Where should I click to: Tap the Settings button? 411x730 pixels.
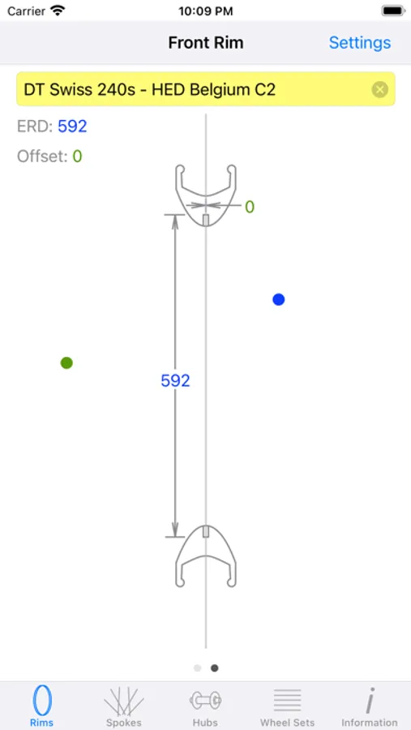(x=360, y=43)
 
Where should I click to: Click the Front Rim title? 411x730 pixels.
(x=206, y=43)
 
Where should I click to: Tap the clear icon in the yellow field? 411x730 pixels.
(x=380, y=89)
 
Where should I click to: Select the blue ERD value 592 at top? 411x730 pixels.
(x=72, y=127)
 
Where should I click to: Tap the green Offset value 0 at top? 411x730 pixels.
(x=77, y=156)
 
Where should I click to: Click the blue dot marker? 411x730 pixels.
(x=278, y=299)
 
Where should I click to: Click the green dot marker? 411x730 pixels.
(x=66, y=363)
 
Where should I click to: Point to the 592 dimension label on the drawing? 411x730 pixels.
(x=175, y=381)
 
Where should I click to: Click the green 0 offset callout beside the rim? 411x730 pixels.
(x=250, y=207)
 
